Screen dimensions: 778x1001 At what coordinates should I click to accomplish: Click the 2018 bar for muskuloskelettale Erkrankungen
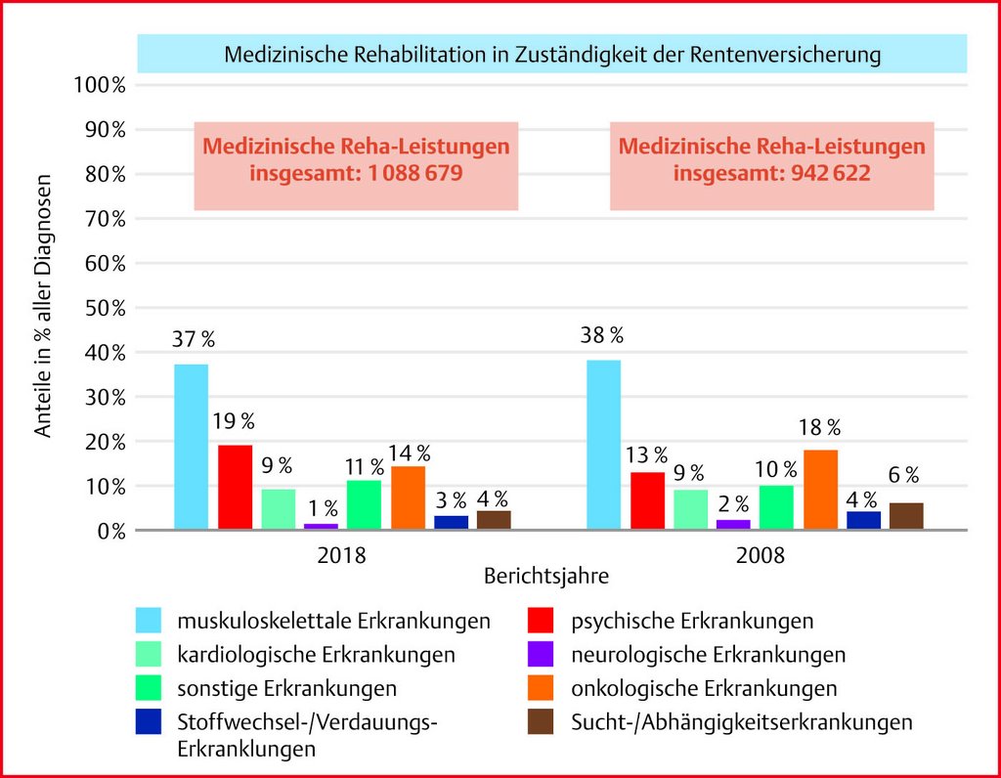click(x=191, y=447)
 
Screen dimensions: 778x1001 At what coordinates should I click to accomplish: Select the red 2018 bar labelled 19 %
click(x=235, y=487)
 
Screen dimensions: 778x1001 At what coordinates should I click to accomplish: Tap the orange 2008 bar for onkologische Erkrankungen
click(x=820, y=490)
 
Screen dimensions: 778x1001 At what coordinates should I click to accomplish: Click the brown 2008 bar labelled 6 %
click(x=906, y=516)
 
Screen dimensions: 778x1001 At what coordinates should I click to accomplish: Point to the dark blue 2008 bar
click(x=863, y=520)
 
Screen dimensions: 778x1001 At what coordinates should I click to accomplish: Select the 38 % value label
click(x=602, y=335)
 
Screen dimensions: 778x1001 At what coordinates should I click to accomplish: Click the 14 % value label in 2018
click(x=409, y=453)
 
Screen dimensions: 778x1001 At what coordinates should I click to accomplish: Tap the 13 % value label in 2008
click(x=647, y=454)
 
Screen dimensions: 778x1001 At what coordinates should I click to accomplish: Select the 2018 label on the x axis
click(x=342, y=555)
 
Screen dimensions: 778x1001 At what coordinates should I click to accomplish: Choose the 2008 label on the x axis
click(x=761, y=555)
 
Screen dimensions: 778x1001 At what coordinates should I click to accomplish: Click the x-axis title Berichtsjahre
click(x=546, y=576)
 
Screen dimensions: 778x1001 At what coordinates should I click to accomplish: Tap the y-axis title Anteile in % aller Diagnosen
click(x=44, y=304)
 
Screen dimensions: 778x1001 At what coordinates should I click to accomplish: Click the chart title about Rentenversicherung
click(x=552, y=55)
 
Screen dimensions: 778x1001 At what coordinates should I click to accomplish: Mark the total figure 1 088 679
click(x=406, y=173)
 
